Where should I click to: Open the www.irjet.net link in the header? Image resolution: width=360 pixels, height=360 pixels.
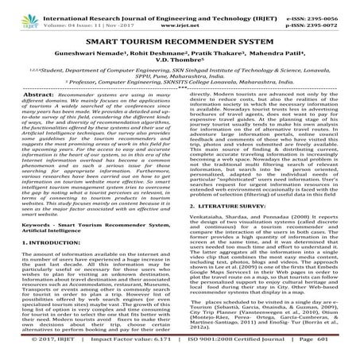[x=184, y=15]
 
